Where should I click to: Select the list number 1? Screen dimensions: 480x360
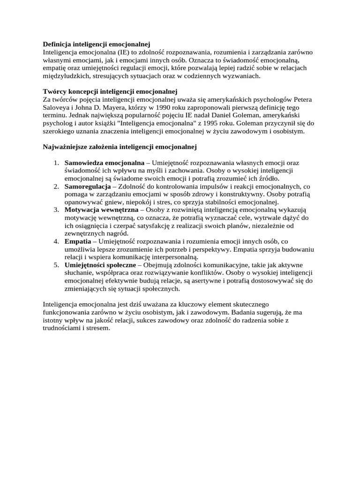click(x=55, y=163)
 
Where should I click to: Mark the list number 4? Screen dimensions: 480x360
click(x=55, y=241)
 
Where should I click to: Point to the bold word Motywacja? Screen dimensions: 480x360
click(x=82, y=210)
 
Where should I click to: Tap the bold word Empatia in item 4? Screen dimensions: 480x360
click(x=78, y=241)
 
